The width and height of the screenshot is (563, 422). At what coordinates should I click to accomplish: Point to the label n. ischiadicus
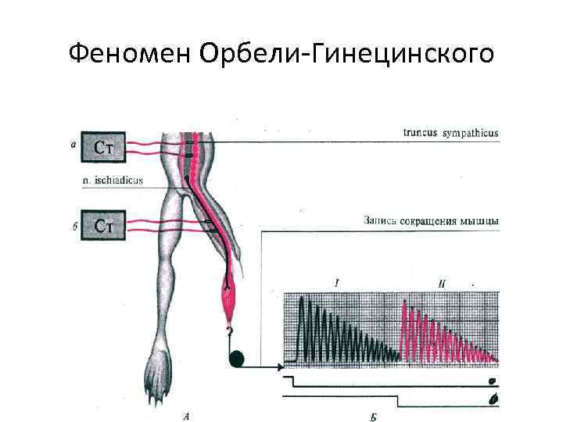point(113,181)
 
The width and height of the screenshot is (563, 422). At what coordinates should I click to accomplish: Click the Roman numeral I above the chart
point(336,284)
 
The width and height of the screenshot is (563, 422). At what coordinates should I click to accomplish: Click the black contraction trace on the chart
point(328,332)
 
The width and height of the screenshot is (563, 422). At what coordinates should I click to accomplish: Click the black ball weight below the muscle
point(238,359)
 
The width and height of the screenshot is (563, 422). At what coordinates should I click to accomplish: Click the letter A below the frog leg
point(185,416)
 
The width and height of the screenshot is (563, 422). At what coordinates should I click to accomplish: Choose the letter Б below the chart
point(373,416)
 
